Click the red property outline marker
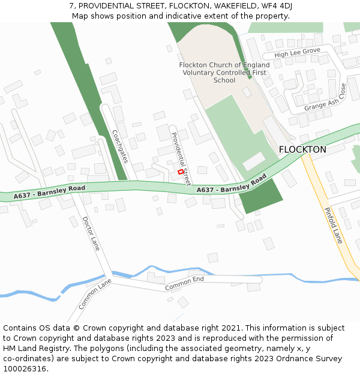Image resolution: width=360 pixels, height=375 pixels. point(181,172)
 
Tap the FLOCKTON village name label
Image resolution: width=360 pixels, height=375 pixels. point(302,149)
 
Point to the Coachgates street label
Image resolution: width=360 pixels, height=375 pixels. point(120,146)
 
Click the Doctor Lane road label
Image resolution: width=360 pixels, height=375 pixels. point(91,233)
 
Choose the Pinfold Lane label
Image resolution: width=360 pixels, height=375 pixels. point(333,225)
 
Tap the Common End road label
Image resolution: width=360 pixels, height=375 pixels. point(184,283)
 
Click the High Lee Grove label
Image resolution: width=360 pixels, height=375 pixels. point(297,53)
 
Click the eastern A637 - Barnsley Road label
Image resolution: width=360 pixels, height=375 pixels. point(231,185)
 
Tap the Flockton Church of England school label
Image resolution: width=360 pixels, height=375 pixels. point(224,73)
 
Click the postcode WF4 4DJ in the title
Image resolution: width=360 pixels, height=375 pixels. point(277,5)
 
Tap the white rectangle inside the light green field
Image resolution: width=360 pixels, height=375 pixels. point(253,161)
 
